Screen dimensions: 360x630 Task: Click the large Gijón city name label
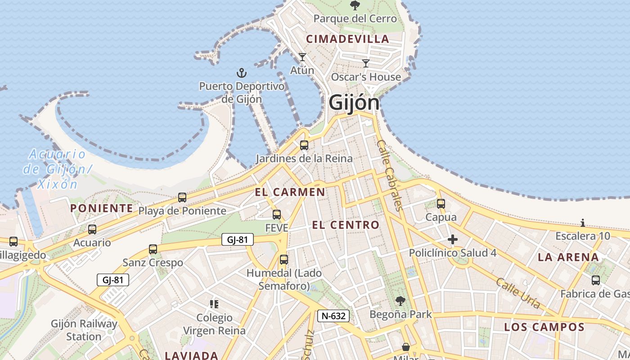click(354, 103)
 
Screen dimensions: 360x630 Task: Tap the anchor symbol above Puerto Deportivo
click(242, 72)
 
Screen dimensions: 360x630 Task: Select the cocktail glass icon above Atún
click(302, 57)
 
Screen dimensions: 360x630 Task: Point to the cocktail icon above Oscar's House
click(366, 63)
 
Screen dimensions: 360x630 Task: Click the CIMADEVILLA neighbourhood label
click(347, 39)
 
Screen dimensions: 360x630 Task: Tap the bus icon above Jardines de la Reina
click(304, 145)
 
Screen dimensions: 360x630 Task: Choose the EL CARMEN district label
click(290, 192)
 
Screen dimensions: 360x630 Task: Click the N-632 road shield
click(333, 316)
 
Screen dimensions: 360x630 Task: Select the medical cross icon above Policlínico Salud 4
click(453, 239)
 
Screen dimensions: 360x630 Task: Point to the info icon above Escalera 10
click(583, 223)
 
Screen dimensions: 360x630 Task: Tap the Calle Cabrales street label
click(389, 175)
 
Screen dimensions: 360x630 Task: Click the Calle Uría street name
click(518, 293)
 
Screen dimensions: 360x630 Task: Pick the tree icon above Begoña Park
click(400, 301)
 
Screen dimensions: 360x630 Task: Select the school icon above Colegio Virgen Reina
click(214, 304)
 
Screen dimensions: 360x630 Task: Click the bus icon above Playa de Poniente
click(182, 198)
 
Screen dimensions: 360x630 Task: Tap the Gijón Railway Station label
click(84, 330)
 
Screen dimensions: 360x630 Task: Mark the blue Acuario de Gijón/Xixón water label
click(57, 169)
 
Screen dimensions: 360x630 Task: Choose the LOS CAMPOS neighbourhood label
click(544, 327)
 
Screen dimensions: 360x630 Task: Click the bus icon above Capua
click(441, 204)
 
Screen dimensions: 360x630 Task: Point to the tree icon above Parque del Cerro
click(355, 5)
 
